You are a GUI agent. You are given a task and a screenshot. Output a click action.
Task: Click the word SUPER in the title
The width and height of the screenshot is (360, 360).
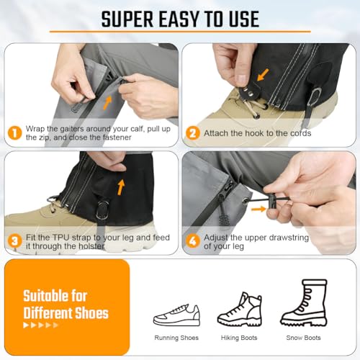pos(127,19)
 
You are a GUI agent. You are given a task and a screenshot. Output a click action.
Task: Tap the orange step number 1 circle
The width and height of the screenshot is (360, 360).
pos(15,133)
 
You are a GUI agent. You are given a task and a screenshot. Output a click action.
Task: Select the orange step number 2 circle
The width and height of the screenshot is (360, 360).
pos(193,133)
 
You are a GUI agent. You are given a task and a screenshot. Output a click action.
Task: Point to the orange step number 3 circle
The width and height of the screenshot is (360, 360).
pos(15,241)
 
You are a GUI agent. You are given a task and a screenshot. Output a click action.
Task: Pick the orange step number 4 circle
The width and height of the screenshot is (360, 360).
pos(193,241)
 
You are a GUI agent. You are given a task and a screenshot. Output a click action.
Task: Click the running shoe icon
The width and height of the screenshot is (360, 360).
pos(176,315)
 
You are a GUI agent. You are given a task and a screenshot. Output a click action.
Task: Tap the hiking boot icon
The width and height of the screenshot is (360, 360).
pos(239,309)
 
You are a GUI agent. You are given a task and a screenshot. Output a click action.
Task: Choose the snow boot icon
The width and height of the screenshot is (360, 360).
pos(304,303)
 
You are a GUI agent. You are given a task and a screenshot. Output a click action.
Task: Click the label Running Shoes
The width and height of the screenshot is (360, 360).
pos(176,338)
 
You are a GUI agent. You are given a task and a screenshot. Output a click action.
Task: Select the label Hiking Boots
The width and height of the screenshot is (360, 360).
pos(239,338)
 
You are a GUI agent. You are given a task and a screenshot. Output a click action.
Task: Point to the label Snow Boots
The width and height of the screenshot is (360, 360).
pos(303,338)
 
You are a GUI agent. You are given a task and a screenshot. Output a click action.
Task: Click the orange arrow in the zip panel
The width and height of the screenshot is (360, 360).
pos(107,103)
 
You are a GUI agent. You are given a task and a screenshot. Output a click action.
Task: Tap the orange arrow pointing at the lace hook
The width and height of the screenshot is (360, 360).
pos(263,75)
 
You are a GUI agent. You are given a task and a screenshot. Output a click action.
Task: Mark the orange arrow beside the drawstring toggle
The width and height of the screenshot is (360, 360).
pos(258,210)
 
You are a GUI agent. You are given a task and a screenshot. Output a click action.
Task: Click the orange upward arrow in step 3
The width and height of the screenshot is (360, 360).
pos(121,187)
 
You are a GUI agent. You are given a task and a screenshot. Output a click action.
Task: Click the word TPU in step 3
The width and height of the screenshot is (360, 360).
pos(61,238)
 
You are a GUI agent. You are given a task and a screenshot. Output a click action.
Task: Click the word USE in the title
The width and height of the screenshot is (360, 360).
pos(244,19)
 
